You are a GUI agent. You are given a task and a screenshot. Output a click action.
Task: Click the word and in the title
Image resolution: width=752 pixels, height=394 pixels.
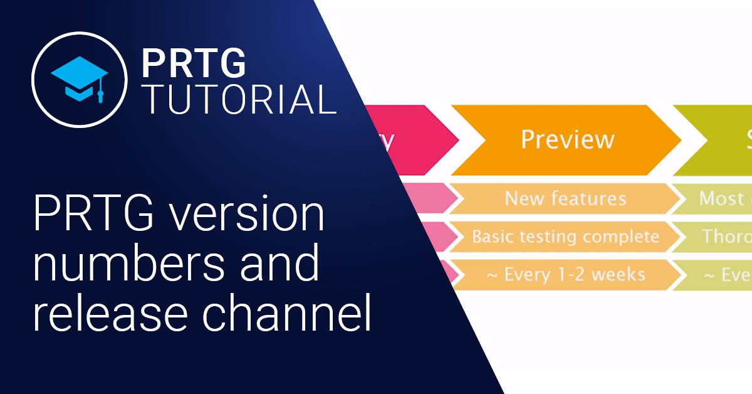[x=276, y=265]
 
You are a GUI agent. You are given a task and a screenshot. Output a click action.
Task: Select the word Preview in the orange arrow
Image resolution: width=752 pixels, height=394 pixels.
[x=567, y=139]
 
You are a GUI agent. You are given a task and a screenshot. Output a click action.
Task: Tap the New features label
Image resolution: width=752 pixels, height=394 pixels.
[x=565, y=199]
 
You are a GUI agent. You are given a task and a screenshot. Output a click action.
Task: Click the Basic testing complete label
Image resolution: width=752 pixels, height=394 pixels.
[x=565, y=237]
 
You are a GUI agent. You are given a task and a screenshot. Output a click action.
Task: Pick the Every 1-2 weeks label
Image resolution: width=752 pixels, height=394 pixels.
[x=565, y=274]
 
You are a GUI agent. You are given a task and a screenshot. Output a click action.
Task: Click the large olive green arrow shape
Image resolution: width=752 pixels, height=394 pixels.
[x=721, y=139]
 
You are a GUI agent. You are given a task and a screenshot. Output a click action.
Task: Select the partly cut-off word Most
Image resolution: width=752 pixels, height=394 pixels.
[x=721, y=199]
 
